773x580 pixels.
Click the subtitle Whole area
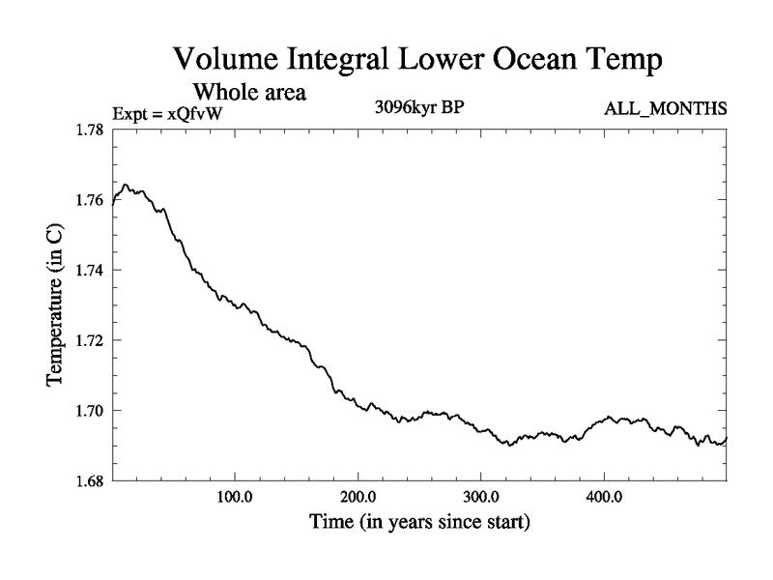pos(250,93)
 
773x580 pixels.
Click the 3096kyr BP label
pos(419,107)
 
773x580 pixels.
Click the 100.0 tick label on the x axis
pos(236,499)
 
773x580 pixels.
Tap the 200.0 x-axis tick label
pos(358,499)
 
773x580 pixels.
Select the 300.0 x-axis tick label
pos(481,499)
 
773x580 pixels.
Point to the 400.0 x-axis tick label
pos(604,499)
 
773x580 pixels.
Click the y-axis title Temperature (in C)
pos(56,305)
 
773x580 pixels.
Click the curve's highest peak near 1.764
pos(126,185)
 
